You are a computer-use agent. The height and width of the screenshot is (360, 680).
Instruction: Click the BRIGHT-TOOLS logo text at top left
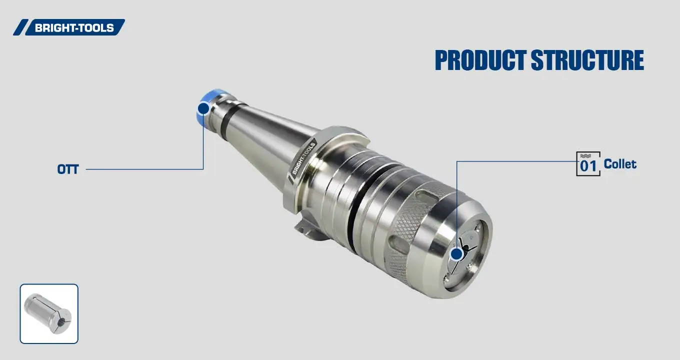[74, 27]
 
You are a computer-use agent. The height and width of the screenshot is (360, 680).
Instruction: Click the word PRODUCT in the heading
[480, 60]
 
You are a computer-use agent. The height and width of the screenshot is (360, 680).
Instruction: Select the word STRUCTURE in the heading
[587, 60]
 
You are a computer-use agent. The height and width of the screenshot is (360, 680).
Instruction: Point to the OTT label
[68, 169]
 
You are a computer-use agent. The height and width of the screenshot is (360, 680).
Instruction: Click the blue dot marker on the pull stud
[203, 108]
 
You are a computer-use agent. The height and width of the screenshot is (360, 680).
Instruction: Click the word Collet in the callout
[620, 164]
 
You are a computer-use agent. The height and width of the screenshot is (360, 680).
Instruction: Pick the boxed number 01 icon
[588, 164]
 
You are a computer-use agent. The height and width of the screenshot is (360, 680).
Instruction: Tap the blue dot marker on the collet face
[456, 254]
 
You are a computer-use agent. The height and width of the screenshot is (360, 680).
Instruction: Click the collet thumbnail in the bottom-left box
[49, 313]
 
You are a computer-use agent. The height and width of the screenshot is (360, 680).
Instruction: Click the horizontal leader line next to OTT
[145, 169]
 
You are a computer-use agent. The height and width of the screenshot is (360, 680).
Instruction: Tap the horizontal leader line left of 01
[515, 161]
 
